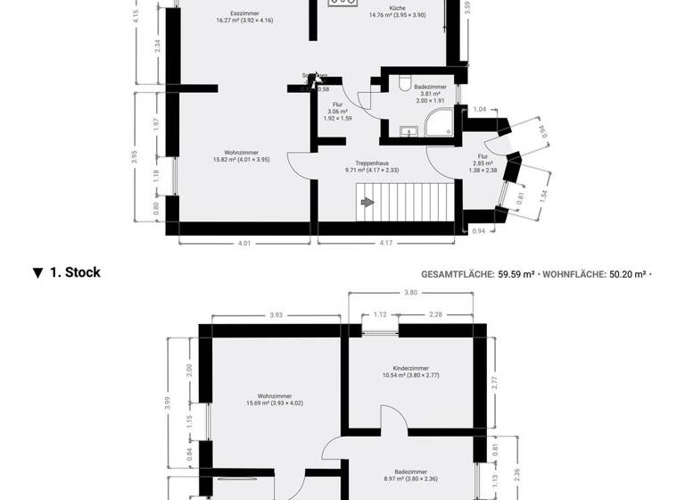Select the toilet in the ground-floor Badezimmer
406,84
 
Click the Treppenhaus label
371,163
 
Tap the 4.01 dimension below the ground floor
243,242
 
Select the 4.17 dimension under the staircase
385,242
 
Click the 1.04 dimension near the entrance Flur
480,109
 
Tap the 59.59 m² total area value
516,275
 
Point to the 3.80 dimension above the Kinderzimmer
410,293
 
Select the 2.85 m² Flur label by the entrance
484,162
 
